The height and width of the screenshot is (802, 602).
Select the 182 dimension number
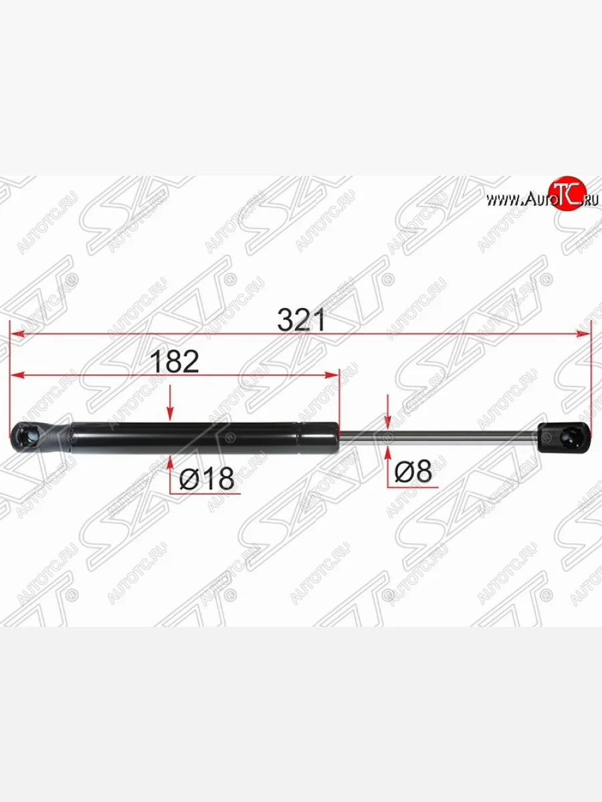(174, 362)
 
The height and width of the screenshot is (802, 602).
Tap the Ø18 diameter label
(207, 478)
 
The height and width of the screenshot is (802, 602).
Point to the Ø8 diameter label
(413, 473)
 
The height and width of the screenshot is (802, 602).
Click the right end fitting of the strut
(566, 437)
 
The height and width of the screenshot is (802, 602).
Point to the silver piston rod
(441, 438)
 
